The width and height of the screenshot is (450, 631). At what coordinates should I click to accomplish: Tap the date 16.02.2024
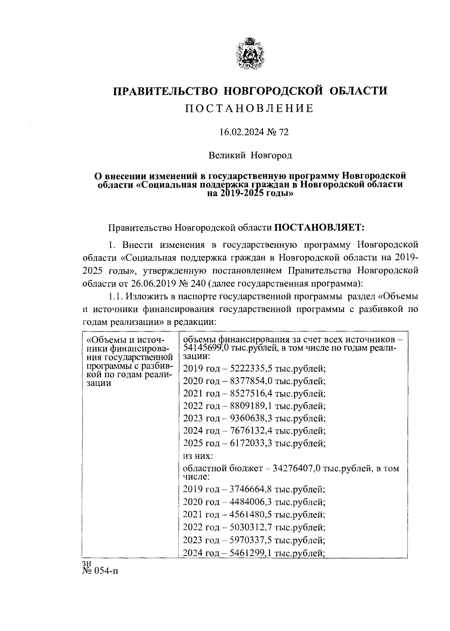240,132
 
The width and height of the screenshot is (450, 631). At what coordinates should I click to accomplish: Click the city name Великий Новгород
250,155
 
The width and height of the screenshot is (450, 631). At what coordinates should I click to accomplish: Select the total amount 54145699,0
207,348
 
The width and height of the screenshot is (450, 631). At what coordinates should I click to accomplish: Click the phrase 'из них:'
198,456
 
